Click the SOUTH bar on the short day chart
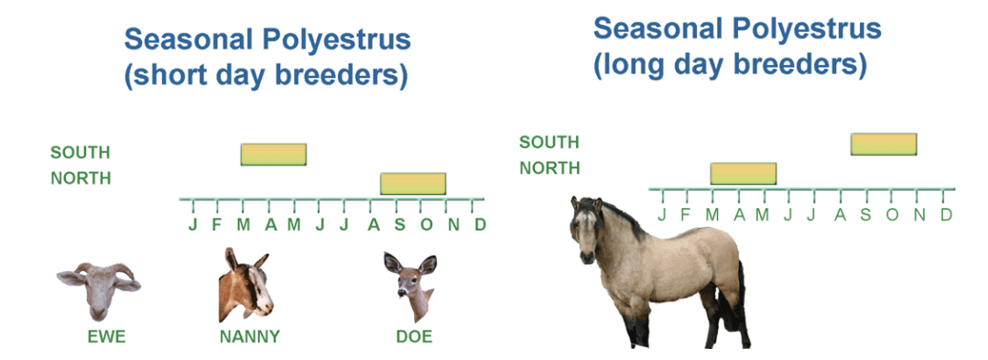point(274,155)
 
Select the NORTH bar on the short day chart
point(413,183)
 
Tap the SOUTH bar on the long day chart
point(884,144)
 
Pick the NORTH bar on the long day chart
point(744,173)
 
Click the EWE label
point(106,337)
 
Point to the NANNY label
point(250,337)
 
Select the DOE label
point(414,337)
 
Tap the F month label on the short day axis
point(217,224)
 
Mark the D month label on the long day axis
point(946,214)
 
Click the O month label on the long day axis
point(892,214)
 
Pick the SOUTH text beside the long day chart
point(548,143)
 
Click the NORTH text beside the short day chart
point(81,179)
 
